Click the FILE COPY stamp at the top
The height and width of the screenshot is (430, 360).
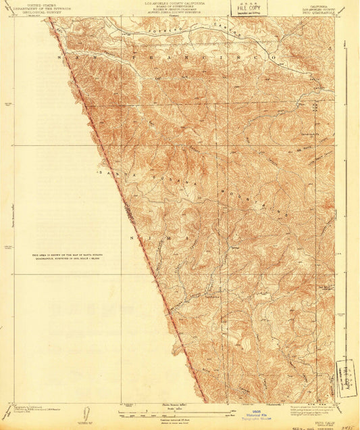(248, 7)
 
